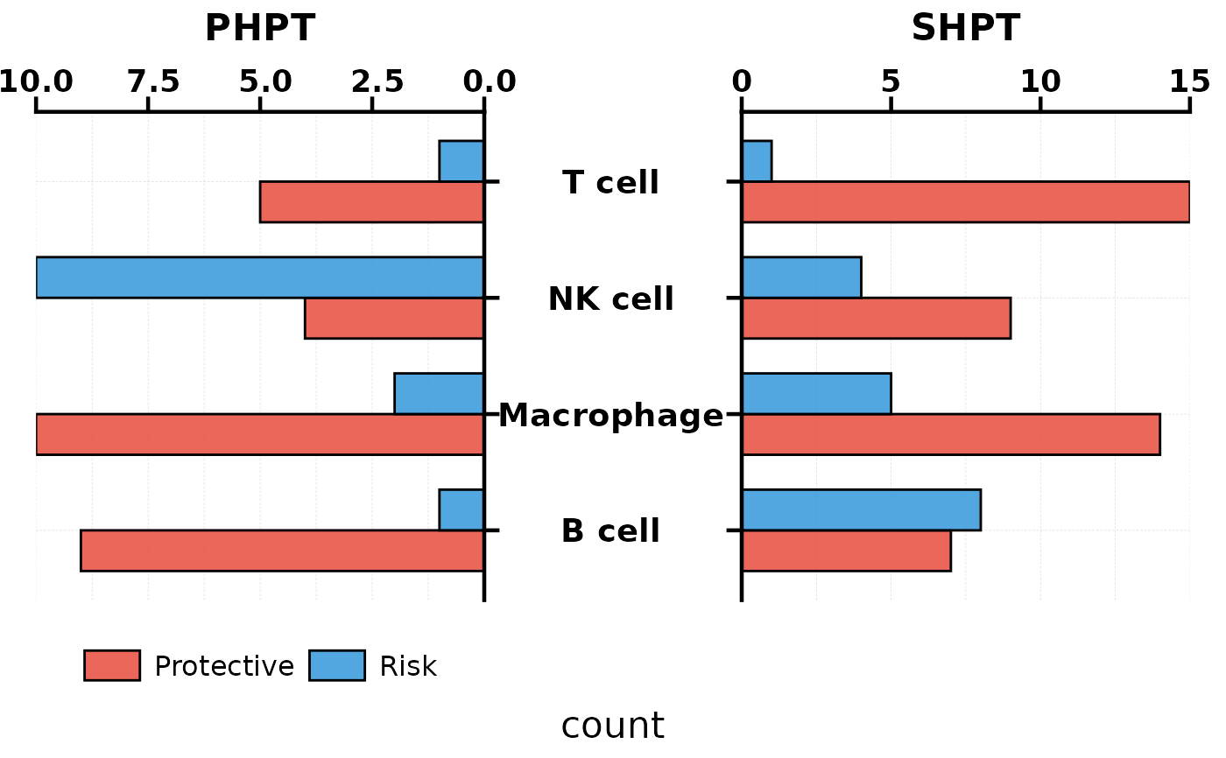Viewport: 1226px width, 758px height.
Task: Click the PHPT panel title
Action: (259, 28)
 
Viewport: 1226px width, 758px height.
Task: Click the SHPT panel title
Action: (965, 28)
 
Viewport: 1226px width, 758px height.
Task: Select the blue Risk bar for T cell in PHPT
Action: (462, 161)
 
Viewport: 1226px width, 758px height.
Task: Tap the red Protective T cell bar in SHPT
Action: (965, 202)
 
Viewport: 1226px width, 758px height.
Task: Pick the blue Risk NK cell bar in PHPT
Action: (260, 277)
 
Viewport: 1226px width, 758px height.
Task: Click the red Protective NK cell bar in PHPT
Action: (394, 318)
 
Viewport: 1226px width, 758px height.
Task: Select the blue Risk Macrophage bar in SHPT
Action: (816, 393)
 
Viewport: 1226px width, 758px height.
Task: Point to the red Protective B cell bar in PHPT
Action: (282, 551)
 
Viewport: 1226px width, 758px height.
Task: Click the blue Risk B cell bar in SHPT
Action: (861, 509)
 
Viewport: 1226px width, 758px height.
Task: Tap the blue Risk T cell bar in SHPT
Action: (757, 161)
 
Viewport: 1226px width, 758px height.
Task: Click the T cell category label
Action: (610, 183)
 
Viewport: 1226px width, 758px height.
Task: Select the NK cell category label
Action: (610, 299)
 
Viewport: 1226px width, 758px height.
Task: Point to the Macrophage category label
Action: (610, 416)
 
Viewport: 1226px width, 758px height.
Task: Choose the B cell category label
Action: (610, 531)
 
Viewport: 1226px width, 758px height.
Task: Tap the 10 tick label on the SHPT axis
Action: (1040, 82)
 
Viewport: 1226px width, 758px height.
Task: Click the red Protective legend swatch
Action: (112, 665)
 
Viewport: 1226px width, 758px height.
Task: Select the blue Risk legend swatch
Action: (337, 665)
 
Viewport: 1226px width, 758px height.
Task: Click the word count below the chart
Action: (612, 726)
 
